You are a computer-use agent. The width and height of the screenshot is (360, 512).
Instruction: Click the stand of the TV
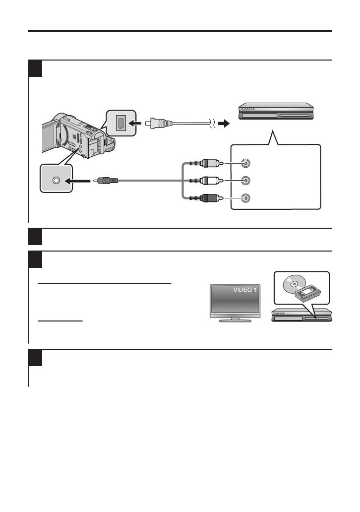pyautogui.click(x=235, y=320)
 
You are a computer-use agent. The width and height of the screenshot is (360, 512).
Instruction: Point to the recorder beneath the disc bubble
pyautogui.click(x=301, y=316)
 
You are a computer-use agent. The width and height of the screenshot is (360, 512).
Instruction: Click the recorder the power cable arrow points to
pyautogui.click(x=276, y=113)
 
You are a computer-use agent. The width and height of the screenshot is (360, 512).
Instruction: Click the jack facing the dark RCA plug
pyautogui.click(x=245, y=198)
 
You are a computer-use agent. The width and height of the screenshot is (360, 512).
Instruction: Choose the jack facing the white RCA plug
pyautogui.click(x=245, y=180)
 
